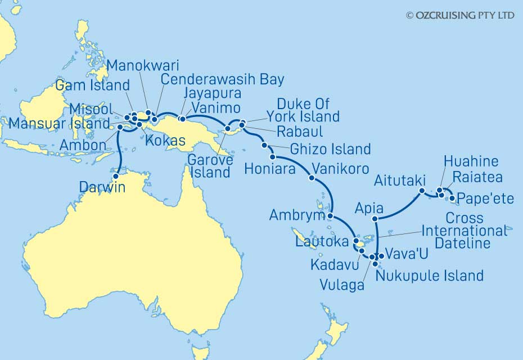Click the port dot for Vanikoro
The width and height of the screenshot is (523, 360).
point(312,179)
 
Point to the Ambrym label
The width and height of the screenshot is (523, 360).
point(297,215)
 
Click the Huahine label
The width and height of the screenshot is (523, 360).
point(471,161)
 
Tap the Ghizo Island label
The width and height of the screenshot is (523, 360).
point(331,149)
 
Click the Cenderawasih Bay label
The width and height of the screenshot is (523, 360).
point(222,79)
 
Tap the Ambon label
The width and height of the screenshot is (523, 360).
point(84,146)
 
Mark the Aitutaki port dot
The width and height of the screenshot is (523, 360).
point(421,191)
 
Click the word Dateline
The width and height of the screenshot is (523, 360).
point(465,243)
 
